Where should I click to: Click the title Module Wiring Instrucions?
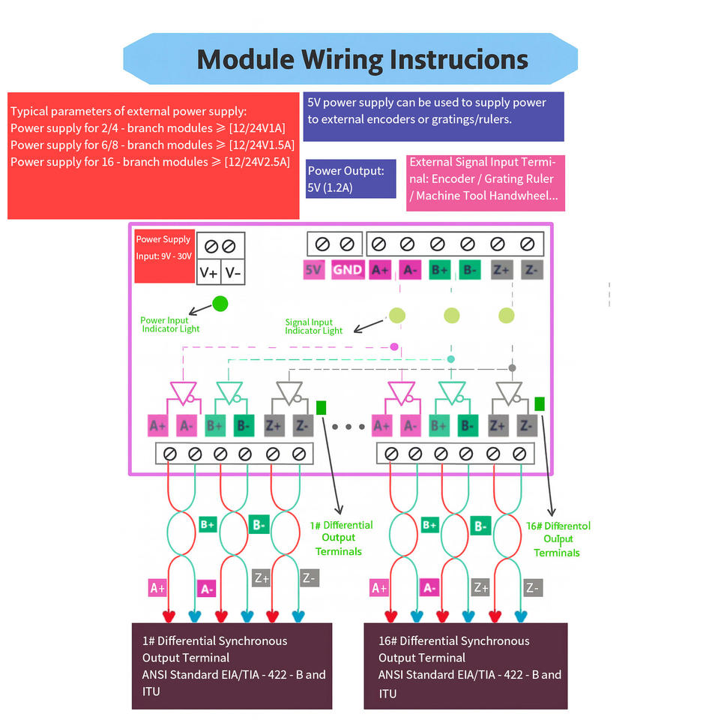pyautogui.click(x=362, y=59)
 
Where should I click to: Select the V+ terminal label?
pyautogui.click(x=209, y=273)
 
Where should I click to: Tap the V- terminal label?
pyautogui.click(x=234, y=273)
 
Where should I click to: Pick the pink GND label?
pyautogui.click(x=347, y=270)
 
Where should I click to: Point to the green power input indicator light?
pyautogui.click(x=220, y=304)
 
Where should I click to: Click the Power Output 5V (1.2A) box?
pyautogui.click(x=351, y=178)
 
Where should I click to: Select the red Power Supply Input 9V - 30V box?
pyautogui.click(x=164, y=247)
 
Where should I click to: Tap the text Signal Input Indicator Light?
pyautogui.click(x=313, y=326)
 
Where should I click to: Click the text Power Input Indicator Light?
pyautogui.click(x=170, y=325)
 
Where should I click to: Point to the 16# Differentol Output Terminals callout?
pyautogui.click(x=558, y=538)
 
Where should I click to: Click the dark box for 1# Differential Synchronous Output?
pyautogui.click(x=232, y=665)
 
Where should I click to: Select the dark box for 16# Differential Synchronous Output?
pyautogui.click(x=465, y=666)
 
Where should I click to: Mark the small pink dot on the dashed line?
pyautogui.click(x=394, y=346)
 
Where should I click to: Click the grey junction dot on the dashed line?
pyautogui.click(x=513, y=367)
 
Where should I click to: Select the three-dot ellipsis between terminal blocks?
pyautogui.click(x=348, y=427)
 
